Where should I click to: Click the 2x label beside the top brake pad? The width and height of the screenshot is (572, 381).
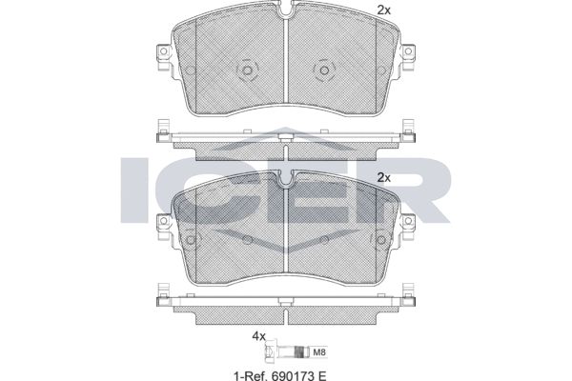pos(384,10)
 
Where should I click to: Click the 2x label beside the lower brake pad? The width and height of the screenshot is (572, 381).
pos(384,178)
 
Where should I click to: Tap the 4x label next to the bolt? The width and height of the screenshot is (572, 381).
pos(259,336)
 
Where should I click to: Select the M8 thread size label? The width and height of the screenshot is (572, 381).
pos(319,352)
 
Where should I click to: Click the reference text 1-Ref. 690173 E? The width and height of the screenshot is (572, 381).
pos(279,375)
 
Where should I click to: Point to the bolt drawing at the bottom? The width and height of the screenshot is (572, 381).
pos(288,352)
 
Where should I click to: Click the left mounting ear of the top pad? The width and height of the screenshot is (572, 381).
pos(164,57)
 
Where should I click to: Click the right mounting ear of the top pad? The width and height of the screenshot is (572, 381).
pos(408,57)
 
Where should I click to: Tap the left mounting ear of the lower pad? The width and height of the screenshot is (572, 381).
pos(164,227)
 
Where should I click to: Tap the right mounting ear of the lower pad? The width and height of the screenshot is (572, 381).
pos(408,227)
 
